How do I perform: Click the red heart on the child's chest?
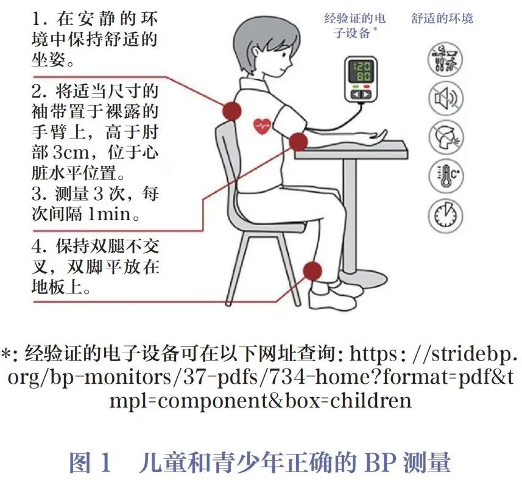pos(263,126)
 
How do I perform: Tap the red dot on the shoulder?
pos(231,110)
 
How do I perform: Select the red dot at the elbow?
pos(298,142)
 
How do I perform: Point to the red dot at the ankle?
pos(312,271)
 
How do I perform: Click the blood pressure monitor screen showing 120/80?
pos(361,71)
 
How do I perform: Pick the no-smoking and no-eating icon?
pos(445,59)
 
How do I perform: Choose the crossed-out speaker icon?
pos(445,98)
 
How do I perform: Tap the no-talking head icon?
pos(445,137)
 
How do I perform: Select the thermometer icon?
pos(445,176)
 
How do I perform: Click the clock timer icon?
pos(445,215)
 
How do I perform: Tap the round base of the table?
pos(363,278)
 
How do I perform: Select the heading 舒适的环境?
pos(442,18)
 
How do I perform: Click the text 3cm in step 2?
pos(71,153)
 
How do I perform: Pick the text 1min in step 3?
pos(109,214)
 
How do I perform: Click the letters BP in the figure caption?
pos(380,462)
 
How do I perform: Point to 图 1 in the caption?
pos(90,462)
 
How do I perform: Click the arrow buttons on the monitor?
pos(361,95)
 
